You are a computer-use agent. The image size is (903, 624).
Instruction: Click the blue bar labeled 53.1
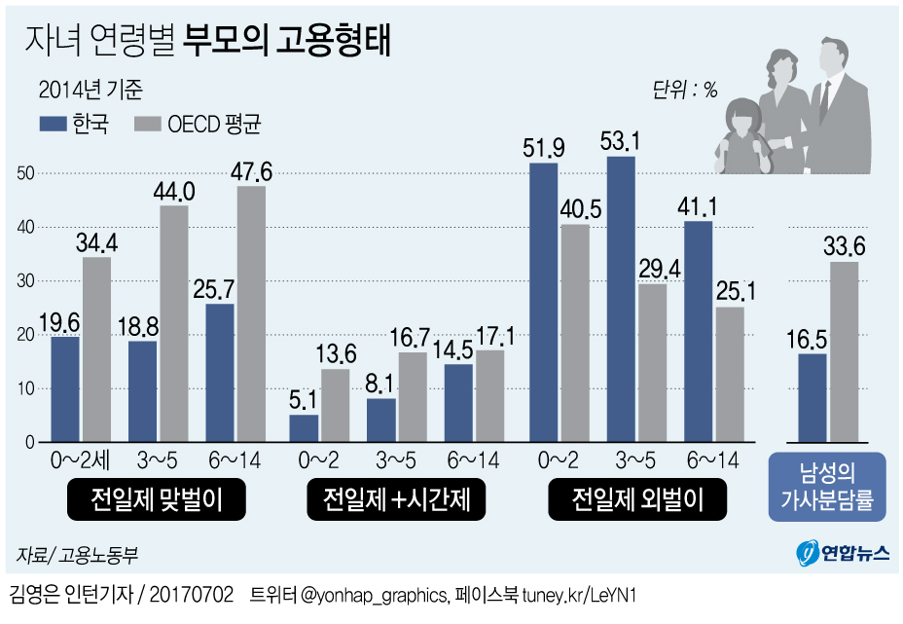tap(621, 299)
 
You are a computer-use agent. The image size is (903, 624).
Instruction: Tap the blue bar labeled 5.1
tap(304, 428)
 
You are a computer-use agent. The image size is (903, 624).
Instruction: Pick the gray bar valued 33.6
tap(845, 351)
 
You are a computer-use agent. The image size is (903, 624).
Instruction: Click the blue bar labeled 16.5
tap(812, 397)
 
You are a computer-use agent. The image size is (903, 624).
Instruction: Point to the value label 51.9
tap(544, 149)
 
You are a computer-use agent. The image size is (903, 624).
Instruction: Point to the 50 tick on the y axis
tap(26, 173)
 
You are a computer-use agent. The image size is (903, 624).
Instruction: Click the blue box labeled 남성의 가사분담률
tap(827, 488)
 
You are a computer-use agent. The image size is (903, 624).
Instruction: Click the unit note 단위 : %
tap(684, 91)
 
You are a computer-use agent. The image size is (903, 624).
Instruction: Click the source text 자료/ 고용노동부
tap(78, 556)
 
